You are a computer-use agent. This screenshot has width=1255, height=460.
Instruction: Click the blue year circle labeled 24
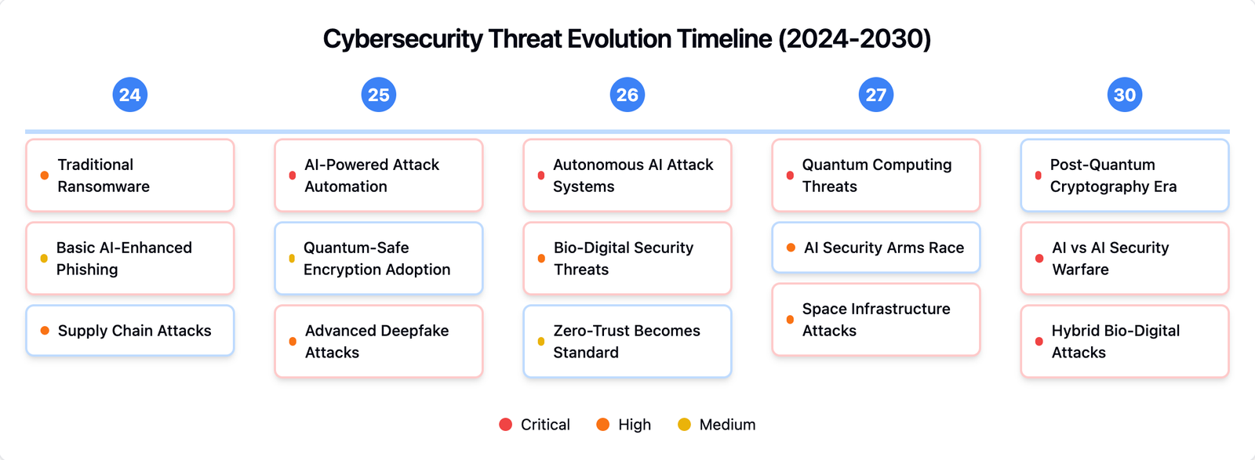[129, 95]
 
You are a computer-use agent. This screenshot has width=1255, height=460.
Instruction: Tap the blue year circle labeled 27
[876, 95]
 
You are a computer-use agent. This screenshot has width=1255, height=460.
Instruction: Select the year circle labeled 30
[1125, 95]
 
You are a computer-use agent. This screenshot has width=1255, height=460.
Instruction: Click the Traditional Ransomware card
[130, 176]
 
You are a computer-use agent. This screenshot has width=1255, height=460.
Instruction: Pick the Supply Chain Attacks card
[130, 331]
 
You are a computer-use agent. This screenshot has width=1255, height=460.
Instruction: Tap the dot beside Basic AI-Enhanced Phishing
[44, 259]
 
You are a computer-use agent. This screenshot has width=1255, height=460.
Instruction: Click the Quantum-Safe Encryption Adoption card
[379, 259]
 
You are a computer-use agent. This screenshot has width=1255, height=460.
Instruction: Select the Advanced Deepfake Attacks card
[379, 342]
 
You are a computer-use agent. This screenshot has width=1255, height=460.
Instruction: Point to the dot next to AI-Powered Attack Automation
[293, 176]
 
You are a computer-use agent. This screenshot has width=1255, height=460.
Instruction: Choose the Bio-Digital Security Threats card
[627, 259]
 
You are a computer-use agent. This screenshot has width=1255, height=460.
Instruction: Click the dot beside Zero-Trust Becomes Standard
[541, 342]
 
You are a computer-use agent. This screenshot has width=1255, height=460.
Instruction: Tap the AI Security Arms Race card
[876, 248]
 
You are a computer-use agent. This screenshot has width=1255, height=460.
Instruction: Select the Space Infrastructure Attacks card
[876, 320]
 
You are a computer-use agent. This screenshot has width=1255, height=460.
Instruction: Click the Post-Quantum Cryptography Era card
[1125, 176]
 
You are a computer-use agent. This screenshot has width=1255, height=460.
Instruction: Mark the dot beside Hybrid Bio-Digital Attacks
[1039, 342]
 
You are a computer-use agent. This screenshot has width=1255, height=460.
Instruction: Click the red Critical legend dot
[506, 425]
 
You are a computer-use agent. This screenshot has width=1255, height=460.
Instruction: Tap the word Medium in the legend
[727, 425]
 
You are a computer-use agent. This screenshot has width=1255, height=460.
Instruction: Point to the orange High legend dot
[603, 425]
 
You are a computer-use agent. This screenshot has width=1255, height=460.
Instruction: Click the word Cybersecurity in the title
[403, 39]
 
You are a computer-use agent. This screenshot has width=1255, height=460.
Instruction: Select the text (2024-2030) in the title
[854, 39]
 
